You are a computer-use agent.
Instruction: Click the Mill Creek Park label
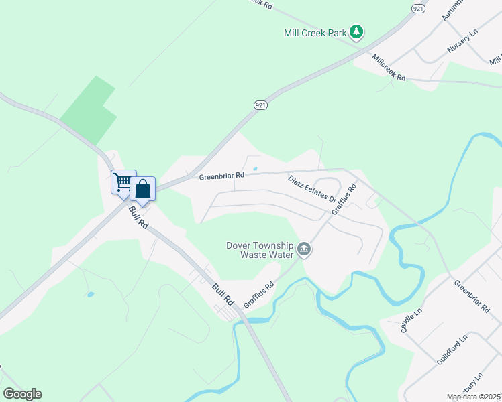point(314,31)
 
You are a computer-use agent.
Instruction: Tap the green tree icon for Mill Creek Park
point(357,31)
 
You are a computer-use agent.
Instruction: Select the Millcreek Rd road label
point(389,68)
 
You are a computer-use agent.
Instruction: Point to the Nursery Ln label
point(461,45)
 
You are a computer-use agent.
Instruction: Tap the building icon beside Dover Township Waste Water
point(304,250)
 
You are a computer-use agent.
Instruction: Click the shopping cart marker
point(123,182)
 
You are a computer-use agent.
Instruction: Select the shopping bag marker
point(143,189)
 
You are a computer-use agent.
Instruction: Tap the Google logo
point(22,394)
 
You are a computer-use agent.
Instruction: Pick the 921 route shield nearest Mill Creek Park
point(418,8)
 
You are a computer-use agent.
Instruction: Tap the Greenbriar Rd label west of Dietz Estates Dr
point(221,176)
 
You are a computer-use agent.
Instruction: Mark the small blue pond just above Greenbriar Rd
point(254,168)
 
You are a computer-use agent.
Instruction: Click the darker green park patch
point(89,111)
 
